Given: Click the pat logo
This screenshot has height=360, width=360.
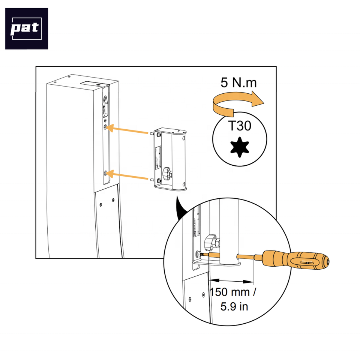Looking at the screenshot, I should pos(27,29).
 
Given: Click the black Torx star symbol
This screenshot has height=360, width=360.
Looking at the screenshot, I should pos(240,147).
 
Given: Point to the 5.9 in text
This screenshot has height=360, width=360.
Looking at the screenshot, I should pos(234,306).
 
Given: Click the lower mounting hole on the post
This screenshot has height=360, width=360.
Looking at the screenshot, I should pos(106,172).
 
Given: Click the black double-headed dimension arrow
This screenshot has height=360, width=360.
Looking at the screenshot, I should pos(231,281).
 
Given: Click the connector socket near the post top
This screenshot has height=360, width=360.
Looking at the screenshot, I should pos(105,107).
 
